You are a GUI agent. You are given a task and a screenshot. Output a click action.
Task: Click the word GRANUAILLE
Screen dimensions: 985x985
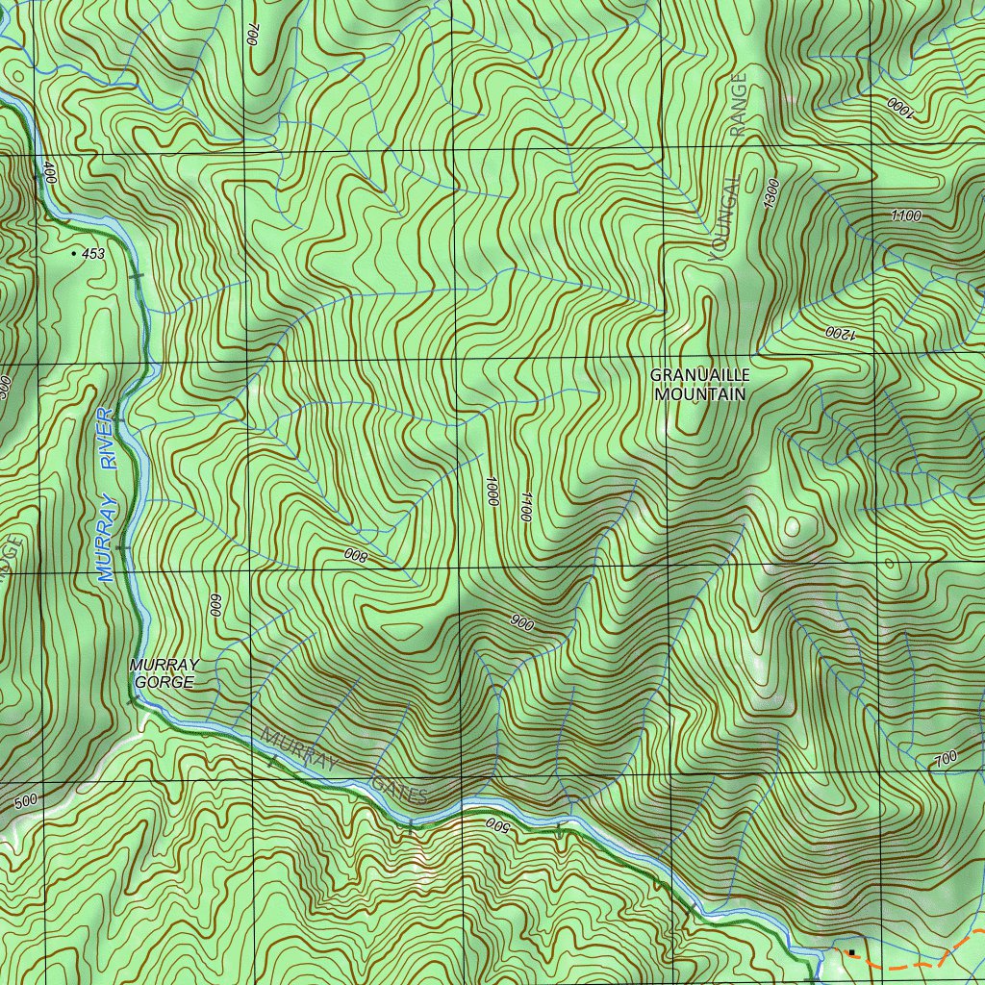(x=699, y=376)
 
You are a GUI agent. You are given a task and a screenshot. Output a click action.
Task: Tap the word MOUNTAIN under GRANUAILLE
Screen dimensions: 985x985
(x=699, y=393)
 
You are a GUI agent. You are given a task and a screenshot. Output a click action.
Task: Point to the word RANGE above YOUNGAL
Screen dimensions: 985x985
(x=738, y=105)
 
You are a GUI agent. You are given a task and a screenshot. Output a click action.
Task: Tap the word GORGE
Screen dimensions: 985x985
(x=164, y=683)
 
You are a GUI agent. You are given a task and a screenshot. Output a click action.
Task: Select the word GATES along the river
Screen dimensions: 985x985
(x=399, y=787)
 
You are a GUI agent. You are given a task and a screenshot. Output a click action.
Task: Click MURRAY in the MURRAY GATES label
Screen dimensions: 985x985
(x=300, y=750)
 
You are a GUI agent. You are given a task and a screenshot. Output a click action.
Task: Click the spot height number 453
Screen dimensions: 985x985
(x=93, y=254)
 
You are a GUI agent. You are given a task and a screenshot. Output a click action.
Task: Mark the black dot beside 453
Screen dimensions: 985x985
(x=74, y=253)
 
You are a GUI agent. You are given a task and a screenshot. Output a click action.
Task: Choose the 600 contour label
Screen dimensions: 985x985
(x=215, y=605)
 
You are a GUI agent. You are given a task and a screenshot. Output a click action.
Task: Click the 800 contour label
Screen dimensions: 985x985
(x=356, y=555)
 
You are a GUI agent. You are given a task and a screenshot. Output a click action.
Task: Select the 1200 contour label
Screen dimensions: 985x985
(x=839, y=334)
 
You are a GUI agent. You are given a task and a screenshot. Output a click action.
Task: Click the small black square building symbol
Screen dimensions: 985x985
(x=851, y=952)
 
